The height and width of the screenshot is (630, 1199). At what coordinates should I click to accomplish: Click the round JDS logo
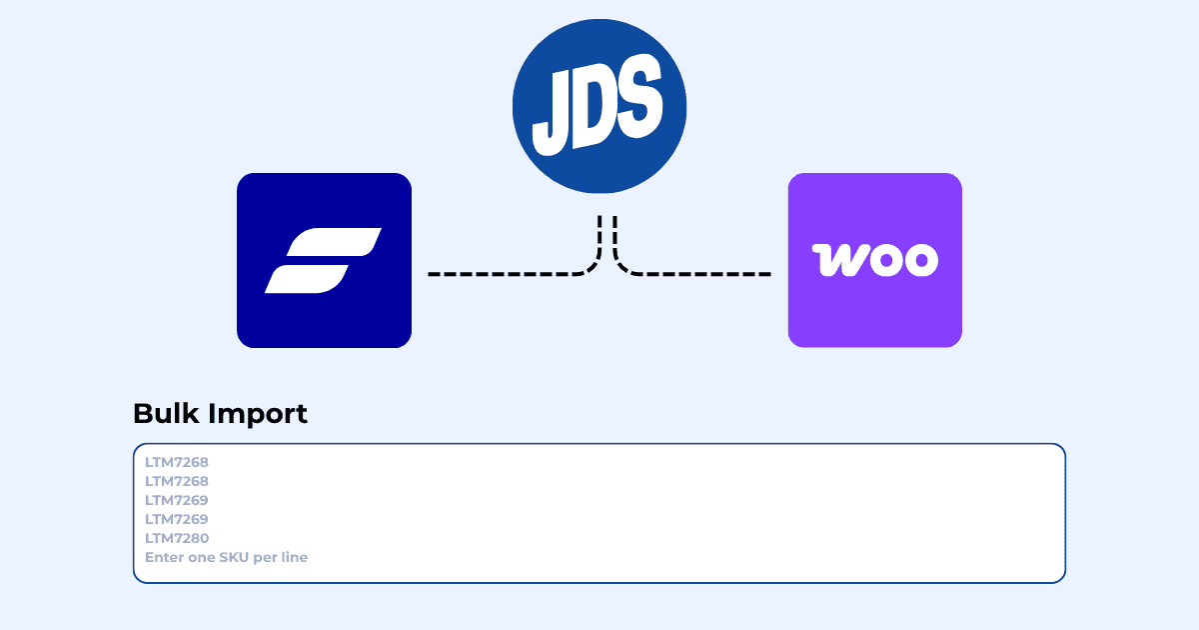599,106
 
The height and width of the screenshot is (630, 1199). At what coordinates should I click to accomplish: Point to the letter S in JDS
639,95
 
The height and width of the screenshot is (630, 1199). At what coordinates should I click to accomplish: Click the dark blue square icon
324,260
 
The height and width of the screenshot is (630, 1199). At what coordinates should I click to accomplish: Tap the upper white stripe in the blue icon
334,242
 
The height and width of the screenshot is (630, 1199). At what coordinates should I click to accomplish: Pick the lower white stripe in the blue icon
308,279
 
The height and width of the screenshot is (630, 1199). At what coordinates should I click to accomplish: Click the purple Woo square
875,260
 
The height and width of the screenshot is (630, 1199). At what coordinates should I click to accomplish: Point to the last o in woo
921,260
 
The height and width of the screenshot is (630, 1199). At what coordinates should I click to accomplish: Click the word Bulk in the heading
166,414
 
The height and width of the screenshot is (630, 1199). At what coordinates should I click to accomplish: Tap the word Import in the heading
258,415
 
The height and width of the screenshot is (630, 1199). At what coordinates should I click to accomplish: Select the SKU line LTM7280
177,538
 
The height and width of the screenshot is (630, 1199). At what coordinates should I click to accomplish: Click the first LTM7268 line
177,462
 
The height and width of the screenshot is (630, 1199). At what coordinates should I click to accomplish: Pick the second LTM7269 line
177,519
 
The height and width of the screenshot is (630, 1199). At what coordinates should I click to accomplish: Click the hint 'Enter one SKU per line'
227,557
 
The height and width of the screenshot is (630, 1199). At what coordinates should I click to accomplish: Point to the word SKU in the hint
234,557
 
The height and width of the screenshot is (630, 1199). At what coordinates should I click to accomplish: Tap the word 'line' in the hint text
295,557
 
